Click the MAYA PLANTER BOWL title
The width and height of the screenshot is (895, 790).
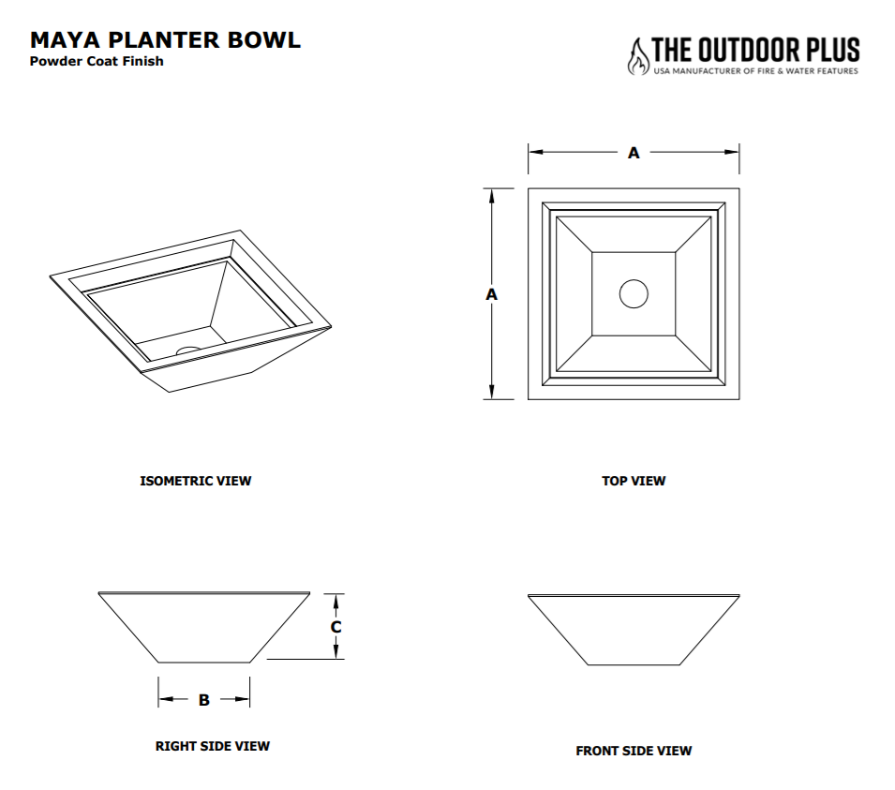[165, 39]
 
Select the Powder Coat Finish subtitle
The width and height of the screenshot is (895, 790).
[97, 62]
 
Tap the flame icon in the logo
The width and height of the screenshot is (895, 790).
[637, 56]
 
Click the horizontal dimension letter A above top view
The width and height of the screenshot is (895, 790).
[634, 153]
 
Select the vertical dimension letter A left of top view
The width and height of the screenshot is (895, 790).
[490, 293]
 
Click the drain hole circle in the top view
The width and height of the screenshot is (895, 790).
[634, 293]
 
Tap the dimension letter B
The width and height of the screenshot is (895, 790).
[203, 699]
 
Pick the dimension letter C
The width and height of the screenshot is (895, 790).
[336, 626]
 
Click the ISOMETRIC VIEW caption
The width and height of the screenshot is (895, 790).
[195, 481]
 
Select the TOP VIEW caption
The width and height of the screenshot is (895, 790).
[634, 481]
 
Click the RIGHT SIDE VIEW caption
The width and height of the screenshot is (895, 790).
[212, 746]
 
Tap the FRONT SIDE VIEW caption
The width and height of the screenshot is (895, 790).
[634, 751]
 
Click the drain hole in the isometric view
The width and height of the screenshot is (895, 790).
[188, 350]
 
